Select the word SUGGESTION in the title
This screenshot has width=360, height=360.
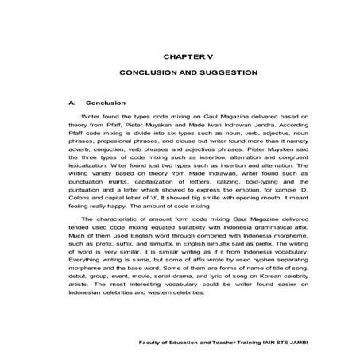pyautogui.click(x=229, y=72)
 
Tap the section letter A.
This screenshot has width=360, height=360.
pyautogui.click(x=72, y=103)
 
